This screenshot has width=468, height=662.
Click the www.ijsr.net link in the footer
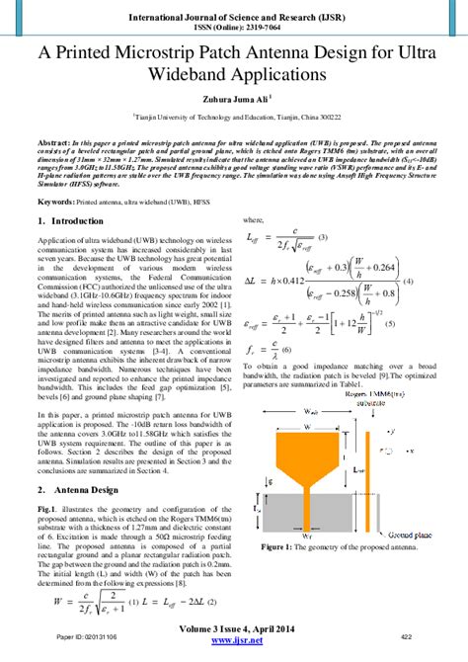(233, 653)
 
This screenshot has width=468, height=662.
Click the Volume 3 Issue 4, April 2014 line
(233, 639)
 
